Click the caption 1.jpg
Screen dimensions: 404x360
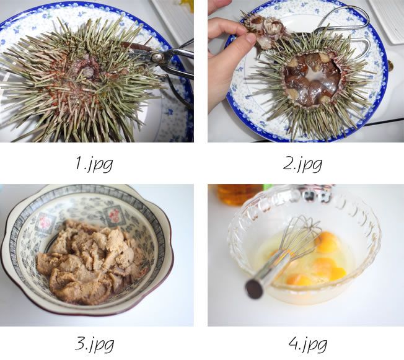pyautogui.click(x=94, y=164)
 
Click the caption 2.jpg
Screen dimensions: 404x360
pyautogui.click(x=302, y=164)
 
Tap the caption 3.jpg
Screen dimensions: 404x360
pyautogui.click(x=94, y=343)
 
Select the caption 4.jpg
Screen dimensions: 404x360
pyautogui.click(x=308, y=343)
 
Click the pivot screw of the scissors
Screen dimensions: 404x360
pyautogui.click(x=156, y=57)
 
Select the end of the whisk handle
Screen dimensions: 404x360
pyautogui.click(x=254, y=289)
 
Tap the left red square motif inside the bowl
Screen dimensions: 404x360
pyautogui.click(x=46, y=222)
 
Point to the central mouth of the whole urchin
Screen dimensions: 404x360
pyautogui.click(x=87, y=70)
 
